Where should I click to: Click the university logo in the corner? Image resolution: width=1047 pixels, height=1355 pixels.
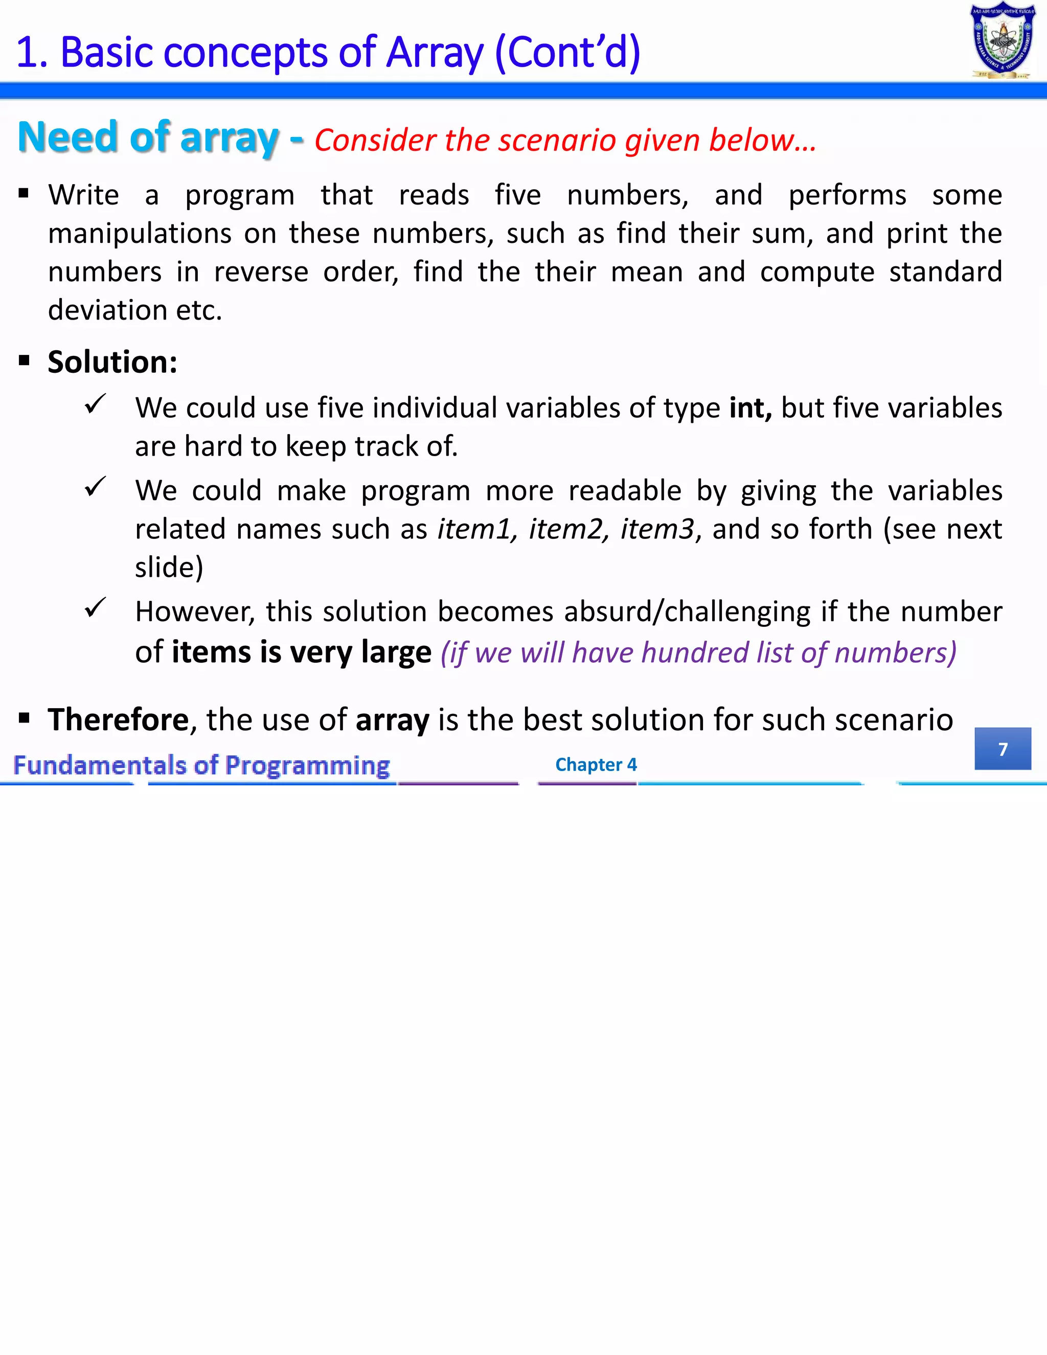click(1003, 41)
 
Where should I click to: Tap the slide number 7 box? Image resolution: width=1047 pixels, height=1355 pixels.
click(1003, 749)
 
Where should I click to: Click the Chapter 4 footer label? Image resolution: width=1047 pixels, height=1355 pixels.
click(596, 764)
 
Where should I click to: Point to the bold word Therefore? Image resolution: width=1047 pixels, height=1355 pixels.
click(118, 720)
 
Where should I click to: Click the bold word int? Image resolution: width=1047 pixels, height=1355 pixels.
click(750, 408)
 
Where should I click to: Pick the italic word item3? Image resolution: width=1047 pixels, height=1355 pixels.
click(657, 529)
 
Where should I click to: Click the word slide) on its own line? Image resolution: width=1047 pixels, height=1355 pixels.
click(169, 567)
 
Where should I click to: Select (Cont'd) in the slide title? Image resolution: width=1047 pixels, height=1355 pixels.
click(567, 52)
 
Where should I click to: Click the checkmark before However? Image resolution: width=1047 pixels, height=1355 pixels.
click(96, 608)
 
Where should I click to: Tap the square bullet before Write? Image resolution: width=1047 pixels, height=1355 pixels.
click(24, 194)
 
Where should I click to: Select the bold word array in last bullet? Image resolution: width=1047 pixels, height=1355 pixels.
click(392, 720)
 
